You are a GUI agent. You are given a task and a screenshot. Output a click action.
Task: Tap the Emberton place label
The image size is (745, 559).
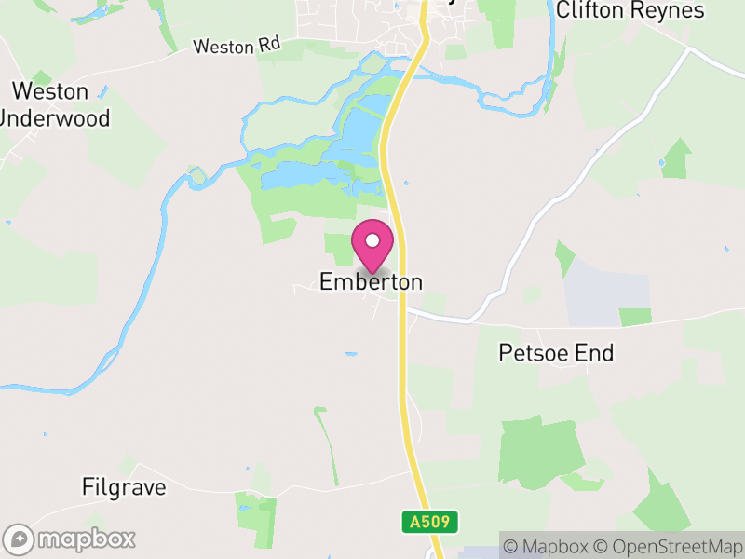coord(371,281)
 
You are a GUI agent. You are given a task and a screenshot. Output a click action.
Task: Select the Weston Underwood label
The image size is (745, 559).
coord(54,104)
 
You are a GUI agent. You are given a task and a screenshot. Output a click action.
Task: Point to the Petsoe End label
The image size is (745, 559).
coord(556,353)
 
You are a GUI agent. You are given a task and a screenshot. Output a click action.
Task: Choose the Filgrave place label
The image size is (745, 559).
coord(124,486)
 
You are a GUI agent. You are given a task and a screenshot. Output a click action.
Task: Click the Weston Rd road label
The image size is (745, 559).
coord(237,46)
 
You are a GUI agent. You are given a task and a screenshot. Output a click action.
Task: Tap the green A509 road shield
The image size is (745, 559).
coord(430,522)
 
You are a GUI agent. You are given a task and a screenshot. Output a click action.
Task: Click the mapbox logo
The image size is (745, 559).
coord(71,539)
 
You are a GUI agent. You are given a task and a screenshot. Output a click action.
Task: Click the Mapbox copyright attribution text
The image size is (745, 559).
coord(548,546)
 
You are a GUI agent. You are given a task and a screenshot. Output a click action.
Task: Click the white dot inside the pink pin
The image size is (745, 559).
coord(372,240)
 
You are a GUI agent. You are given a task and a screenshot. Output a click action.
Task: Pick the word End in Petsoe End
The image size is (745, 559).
coord(595,353)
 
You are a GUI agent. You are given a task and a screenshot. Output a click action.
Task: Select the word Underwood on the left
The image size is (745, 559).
coord(54,118)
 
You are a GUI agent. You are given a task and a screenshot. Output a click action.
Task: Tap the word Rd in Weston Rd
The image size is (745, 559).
coord(270,45)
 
